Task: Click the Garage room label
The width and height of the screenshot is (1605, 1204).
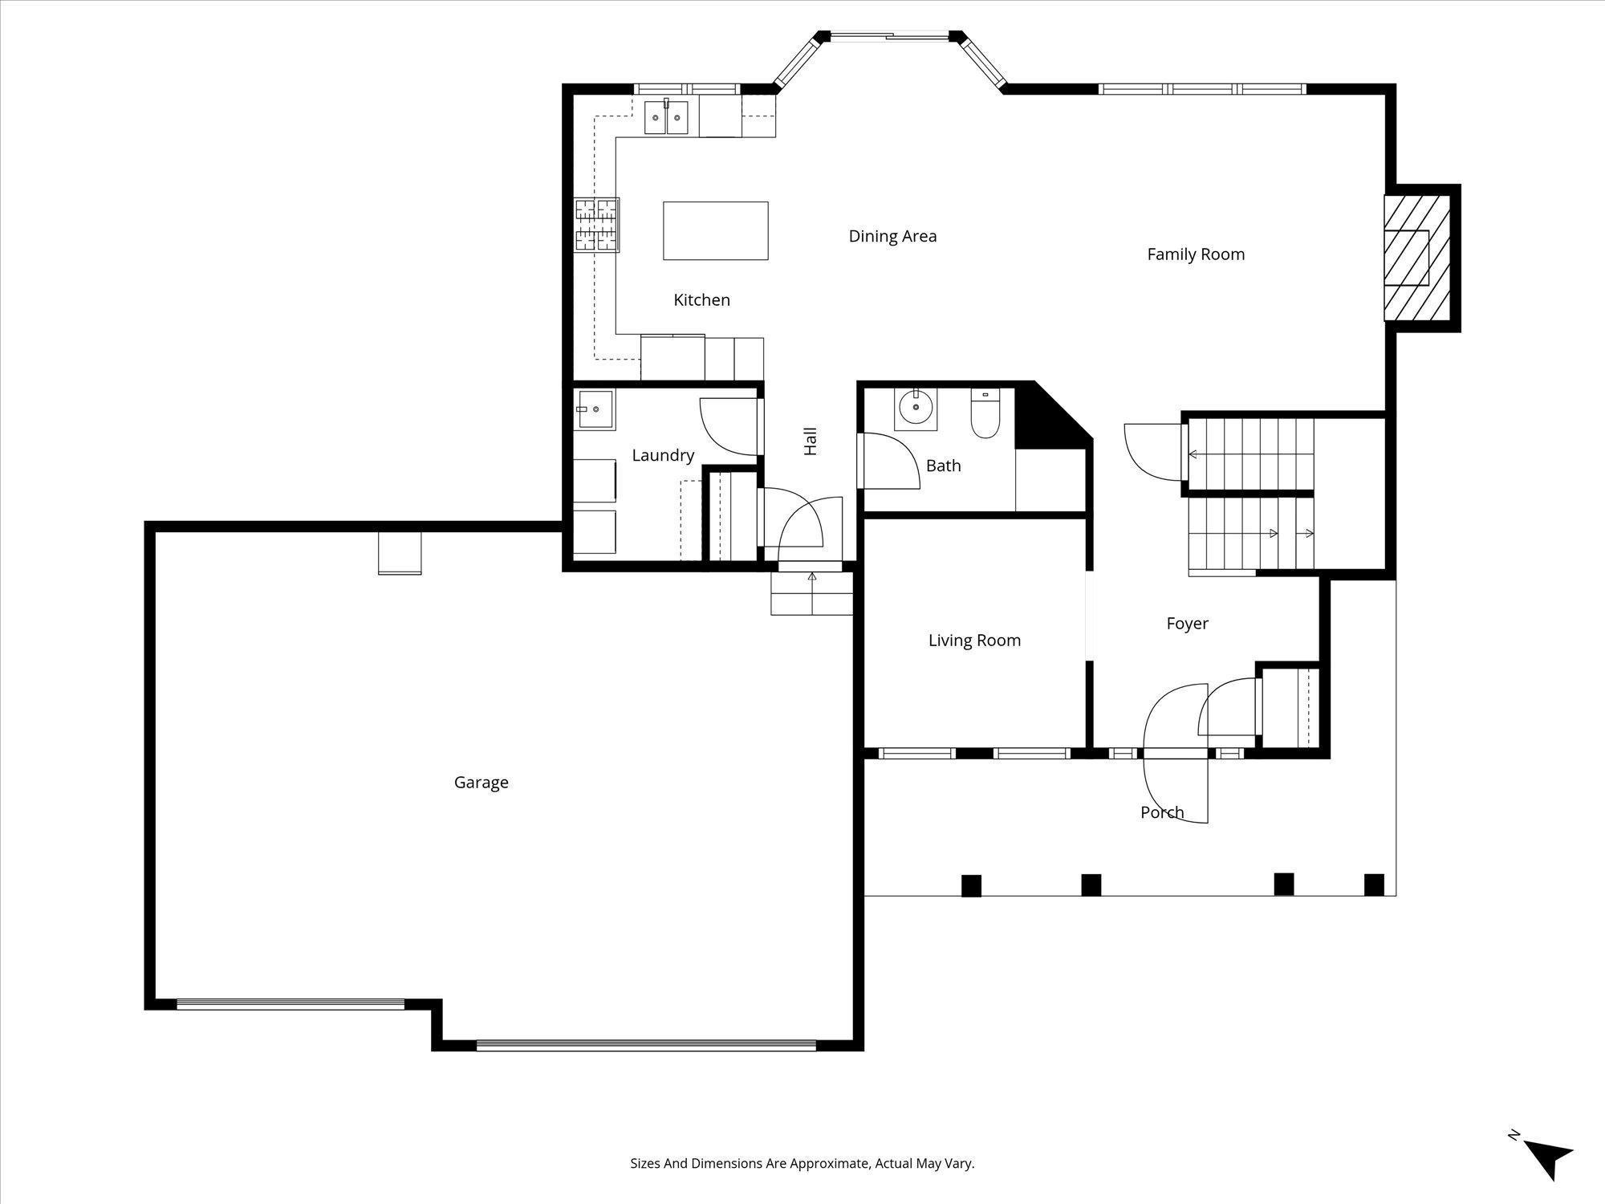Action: coord(481,783)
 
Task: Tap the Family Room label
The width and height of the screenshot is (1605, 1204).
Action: coord(1196,254)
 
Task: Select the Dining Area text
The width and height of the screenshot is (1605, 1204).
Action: coord(892,236)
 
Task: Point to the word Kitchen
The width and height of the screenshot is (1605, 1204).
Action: coord(701,300)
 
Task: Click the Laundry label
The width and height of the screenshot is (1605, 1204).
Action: coord(663,456)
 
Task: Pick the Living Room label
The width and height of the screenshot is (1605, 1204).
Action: coord(974,641)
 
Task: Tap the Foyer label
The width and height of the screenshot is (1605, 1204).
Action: coord(1187,624)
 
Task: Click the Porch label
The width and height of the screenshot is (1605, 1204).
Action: coord(1162,812)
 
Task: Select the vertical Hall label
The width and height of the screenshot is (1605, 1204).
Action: coord(811,441)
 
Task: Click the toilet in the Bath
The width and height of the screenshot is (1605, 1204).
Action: coord(985,413)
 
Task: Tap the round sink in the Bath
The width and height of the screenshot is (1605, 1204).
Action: coord(916,409)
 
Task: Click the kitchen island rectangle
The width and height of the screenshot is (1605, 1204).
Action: coord(715,230)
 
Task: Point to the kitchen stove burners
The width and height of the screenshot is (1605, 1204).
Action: coord(596,225)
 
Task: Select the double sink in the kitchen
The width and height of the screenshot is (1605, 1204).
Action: coord(667,118)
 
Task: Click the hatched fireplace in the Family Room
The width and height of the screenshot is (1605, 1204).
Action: coord(1417,258)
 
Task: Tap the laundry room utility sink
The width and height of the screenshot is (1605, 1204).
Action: coord(593,409)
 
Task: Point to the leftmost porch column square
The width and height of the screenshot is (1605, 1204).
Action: coord(971,885)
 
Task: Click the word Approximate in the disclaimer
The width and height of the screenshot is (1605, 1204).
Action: coord(830,1163)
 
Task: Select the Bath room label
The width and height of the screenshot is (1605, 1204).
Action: coord(943,466)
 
